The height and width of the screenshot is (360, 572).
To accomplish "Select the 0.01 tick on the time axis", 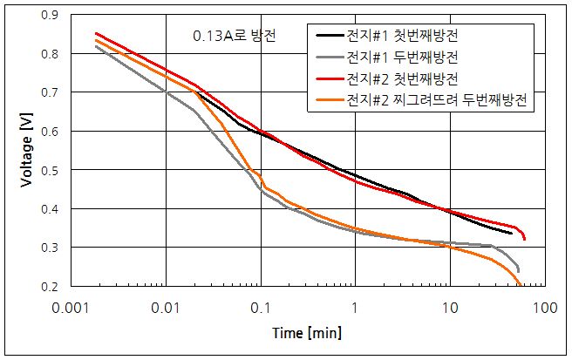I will pyautogui.click(x=164, y=307).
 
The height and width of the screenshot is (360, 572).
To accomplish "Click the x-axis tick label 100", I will pyautogui.click(x=545, y=307).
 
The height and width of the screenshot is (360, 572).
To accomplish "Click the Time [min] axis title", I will pyautogui.click(x=305, y=332).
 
